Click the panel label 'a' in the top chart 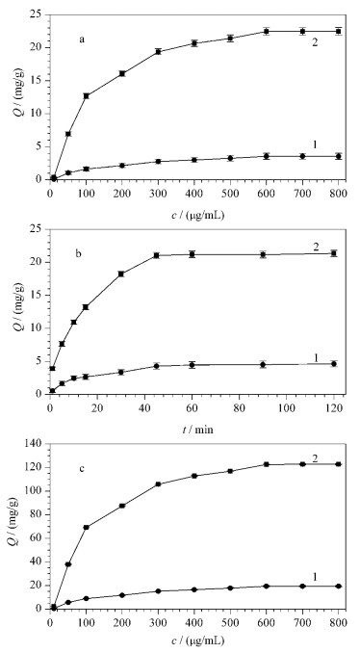point(82,40)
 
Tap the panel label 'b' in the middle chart point(79,253)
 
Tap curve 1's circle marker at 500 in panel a point(230,158)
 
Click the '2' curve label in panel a point(315,42)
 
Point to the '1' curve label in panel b point(316,357)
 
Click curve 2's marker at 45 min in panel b point(157,255)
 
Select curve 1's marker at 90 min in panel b point(263,364)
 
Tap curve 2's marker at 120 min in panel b point(333,253)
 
